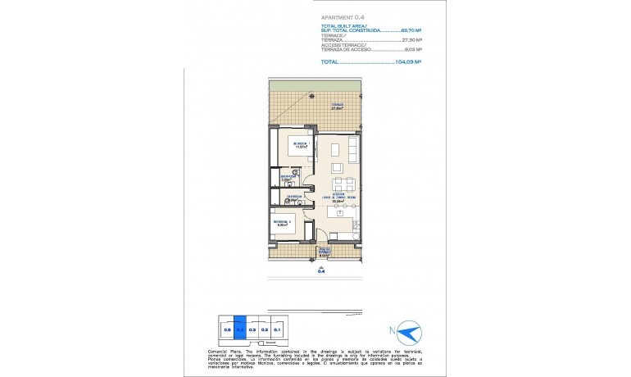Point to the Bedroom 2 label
click(x=284, y=223)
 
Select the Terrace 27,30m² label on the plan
click(x=314, y=107)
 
